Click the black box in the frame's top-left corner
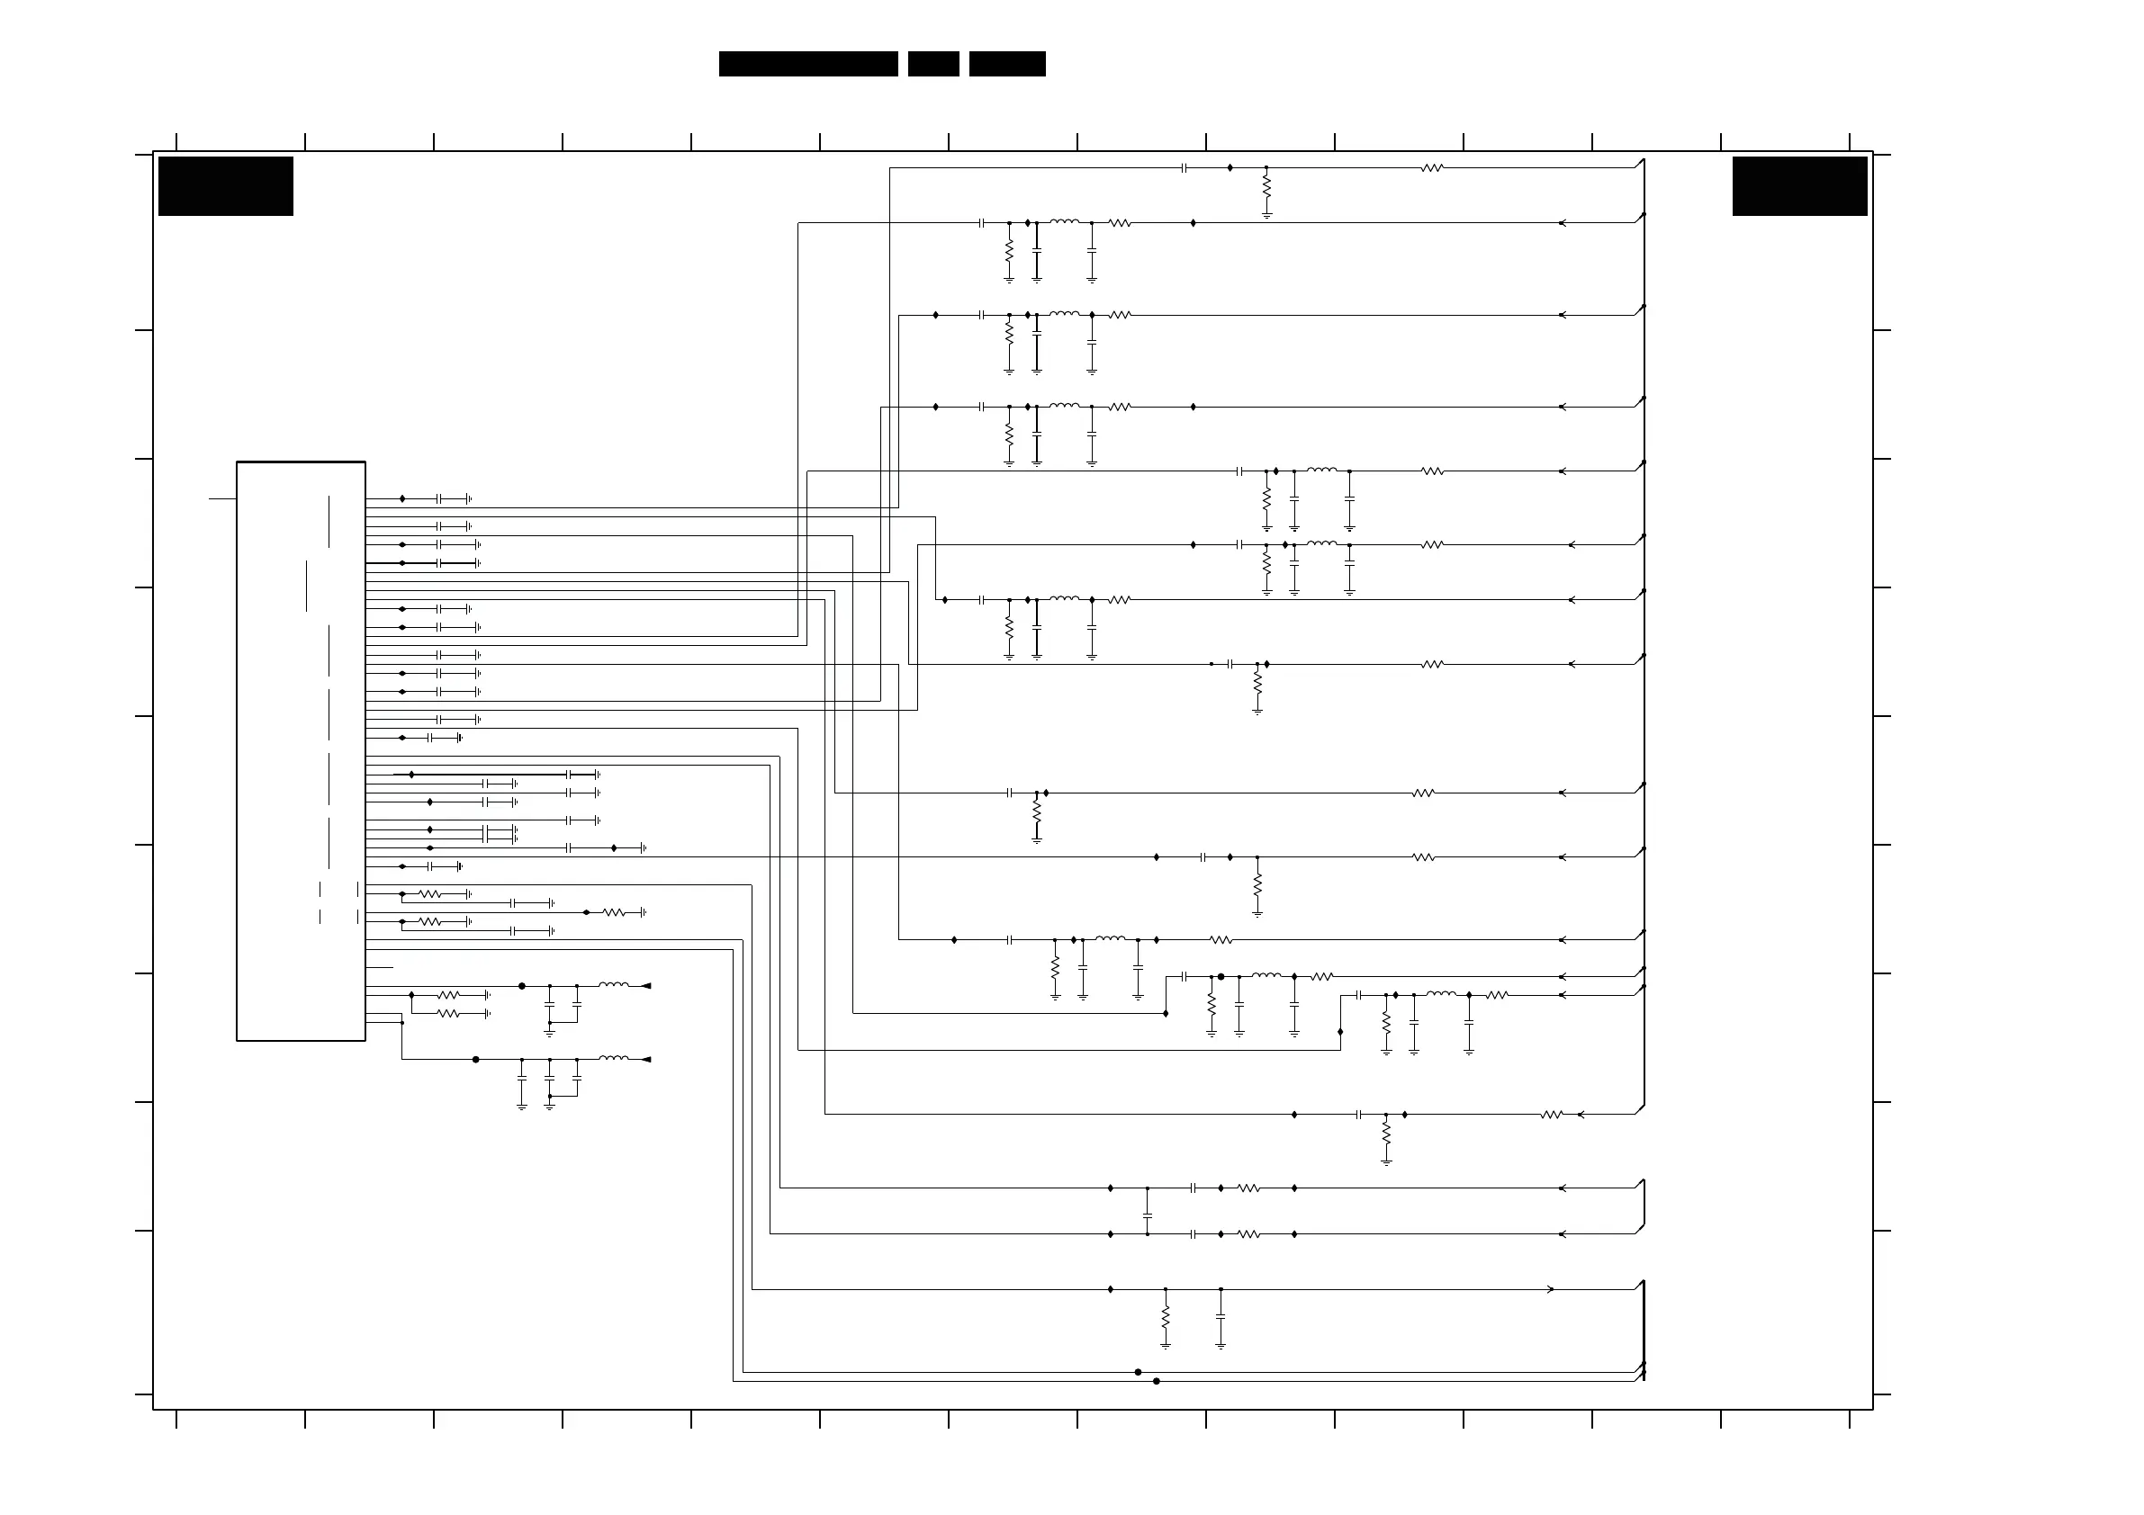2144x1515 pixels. tap(225, 185)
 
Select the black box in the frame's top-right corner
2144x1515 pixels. tap(1798, 185)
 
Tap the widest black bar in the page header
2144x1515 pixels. tap(807, 64)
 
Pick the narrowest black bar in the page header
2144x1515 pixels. tap(932, 64)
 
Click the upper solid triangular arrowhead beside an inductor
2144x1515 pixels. tap(645, 986)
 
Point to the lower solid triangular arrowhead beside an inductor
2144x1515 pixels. tap(645, 1060)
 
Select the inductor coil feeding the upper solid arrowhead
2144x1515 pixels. tap(613, 984)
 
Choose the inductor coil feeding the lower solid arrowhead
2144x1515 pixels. tap(613, 1058)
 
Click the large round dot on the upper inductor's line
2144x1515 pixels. tap(522, 986)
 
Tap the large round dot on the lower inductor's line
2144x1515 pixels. tap(476, 1060)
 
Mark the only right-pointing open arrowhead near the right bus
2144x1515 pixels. tap(1551, 1290)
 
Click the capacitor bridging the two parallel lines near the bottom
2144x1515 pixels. tap(1148, 1215)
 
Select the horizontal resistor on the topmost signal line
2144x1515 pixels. tap(1431, 168)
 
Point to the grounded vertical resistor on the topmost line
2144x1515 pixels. tap(1266, 188)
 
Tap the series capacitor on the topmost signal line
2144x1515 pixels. tap(1184, 168)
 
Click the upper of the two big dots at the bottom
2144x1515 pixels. tap(1138, 1372)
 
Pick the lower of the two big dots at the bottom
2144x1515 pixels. tap(1156, 1381)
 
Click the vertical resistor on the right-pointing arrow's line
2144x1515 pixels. tap(1166, 1317)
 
